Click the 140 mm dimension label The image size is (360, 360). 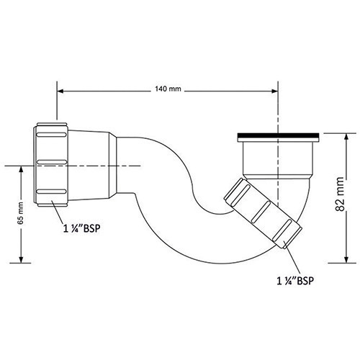pos(168,89)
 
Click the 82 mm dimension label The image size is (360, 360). pos(340,194)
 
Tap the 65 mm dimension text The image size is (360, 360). pos(21,213)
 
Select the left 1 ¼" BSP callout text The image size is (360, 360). pos(81,229)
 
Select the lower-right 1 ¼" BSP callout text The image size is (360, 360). pos(295,281)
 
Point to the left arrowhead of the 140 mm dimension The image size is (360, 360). pos(60,91)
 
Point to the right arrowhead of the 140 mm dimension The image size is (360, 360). pos(274,91)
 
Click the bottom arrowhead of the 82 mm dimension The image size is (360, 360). pos(346,259)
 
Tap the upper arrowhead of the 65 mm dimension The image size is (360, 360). pos(21,169)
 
